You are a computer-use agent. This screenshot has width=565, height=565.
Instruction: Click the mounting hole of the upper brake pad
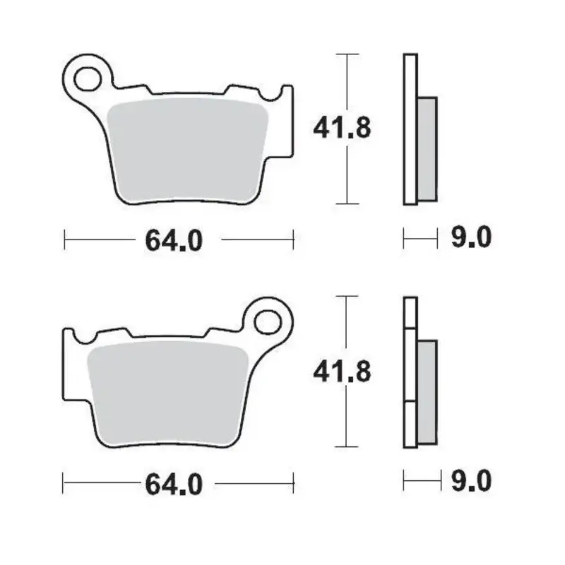(x=89, y=77)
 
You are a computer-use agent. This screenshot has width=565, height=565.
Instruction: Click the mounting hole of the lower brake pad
(x=268, y=321)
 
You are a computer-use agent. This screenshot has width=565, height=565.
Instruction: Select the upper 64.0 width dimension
(x=174, y=240)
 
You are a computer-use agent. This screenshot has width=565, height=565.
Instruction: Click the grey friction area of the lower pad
(x=168, y=392)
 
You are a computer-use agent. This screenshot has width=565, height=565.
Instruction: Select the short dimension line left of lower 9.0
(x=420, y=482)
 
